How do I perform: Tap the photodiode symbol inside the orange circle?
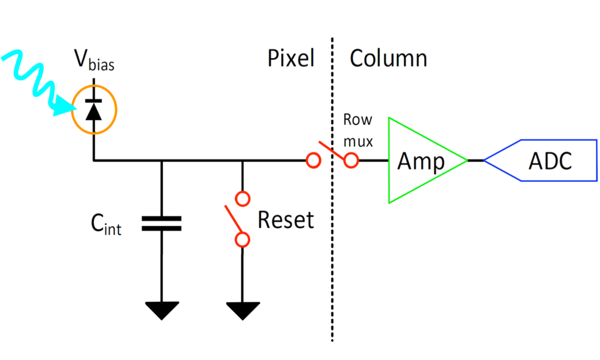tap(94, 109)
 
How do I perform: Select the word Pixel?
tap(291, 59)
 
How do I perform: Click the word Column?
tap(388, 59)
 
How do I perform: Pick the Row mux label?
tap(358, 130)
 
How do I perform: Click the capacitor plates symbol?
tap(162, 223)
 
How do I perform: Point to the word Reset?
tap(285, 220)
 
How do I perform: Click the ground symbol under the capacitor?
tap(162, 310)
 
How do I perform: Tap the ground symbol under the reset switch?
tap(242, 310)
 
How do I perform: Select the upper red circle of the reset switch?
tap(242, 196)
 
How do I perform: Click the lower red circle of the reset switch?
tap(242, 239)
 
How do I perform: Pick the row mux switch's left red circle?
tap(313, 160)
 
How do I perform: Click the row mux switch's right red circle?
tap(351, 160)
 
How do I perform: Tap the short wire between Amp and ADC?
tap(476, 160)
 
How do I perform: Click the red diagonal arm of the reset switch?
tap(233, 219)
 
